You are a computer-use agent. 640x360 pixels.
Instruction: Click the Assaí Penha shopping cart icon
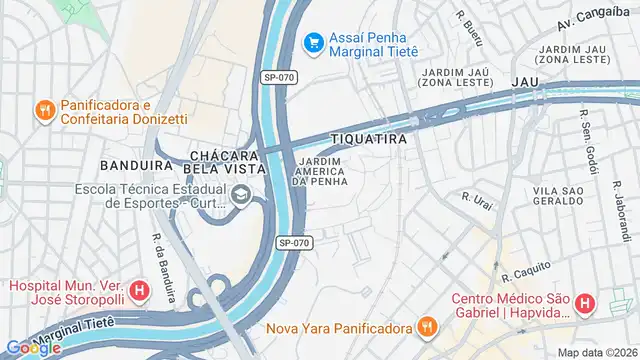pos(314,42)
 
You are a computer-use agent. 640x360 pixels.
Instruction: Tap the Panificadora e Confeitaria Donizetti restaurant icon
pos(44,111)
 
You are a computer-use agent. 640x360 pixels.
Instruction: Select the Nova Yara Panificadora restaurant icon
pos(427,327)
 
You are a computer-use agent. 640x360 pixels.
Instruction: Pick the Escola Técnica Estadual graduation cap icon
pos(240,196)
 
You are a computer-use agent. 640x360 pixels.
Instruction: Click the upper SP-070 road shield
pos(280,77)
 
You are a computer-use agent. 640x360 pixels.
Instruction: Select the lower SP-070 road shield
pos(295,242)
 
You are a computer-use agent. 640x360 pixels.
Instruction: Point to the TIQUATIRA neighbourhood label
pos(370,139)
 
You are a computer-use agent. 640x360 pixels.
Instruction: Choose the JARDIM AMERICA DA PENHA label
pos(320,172)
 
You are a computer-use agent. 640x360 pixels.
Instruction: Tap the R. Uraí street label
pos(479,200)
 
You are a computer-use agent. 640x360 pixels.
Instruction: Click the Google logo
pos(33,347)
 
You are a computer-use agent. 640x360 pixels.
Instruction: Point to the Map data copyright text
pos(597,352)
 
